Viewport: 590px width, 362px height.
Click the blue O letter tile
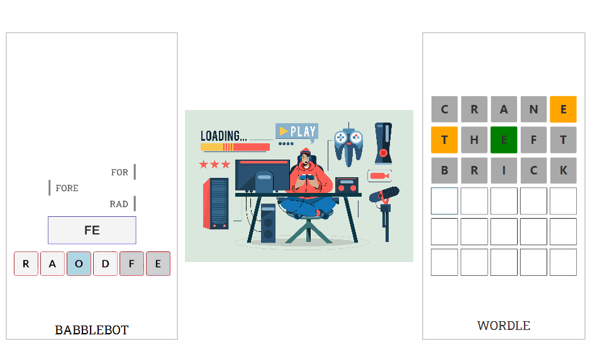pos(79,263)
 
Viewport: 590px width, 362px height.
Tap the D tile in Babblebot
pos(106,263)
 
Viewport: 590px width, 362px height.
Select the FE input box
pos(92,230)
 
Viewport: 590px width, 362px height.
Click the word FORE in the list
pos(67,188)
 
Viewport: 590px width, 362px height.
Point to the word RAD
pos(119,204)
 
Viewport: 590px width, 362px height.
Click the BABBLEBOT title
pos(92,330)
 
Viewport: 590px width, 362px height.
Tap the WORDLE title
pos(503,326)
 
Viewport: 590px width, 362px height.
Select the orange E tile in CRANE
pos(563,109)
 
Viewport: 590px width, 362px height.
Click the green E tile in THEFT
pos(503,140)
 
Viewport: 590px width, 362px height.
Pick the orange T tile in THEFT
pos(444,140)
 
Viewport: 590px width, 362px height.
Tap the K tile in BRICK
pos(563,170)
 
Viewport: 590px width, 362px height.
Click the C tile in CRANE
pos(444,109)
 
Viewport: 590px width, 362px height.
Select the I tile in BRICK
pos(503,170)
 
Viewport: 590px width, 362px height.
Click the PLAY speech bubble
pos(297,131)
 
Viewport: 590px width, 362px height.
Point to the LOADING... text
pos(223,136)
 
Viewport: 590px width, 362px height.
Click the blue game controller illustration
pos(348,146)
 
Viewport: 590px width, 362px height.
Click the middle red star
pos(214,164)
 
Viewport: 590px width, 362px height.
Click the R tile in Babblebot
pos(26,263)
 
